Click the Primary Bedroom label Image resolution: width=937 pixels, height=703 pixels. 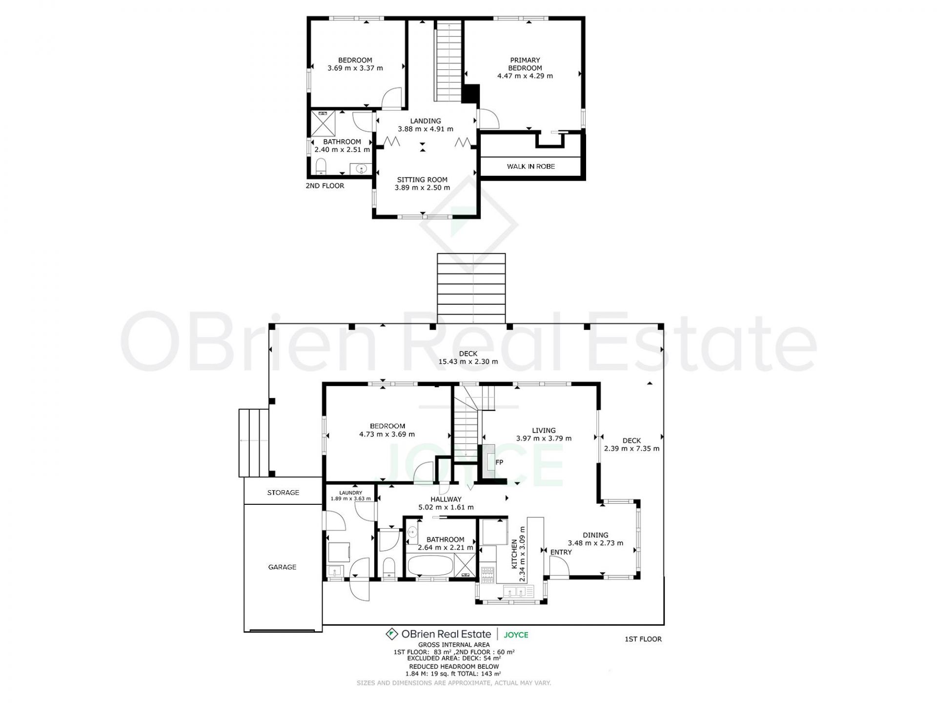(x=525, y=64)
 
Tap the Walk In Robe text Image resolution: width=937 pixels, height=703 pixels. (x=530, y=166)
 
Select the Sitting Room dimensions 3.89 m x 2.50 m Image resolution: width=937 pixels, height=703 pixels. (x=422, y=188)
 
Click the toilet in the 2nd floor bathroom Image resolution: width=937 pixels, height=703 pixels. (x=321, y=166)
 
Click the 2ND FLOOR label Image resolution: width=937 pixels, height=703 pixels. (x=325, y=186)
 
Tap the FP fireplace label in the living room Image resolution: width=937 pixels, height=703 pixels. (x=499, y=462)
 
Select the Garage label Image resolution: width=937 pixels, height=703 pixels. (x=282, y=567)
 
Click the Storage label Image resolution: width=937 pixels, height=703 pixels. (x=283, y=493)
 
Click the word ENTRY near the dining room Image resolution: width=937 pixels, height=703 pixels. (x=561, y=552)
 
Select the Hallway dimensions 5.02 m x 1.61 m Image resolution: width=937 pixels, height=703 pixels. (x=446, y=507)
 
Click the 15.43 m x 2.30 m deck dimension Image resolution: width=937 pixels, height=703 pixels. (x=468, y=362)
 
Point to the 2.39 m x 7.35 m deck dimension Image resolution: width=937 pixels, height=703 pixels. (x=631, y=449)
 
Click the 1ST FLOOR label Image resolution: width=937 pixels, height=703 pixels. (x=643, y=639)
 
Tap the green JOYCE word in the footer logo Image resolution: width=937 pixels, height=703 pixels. (x=516, y=635)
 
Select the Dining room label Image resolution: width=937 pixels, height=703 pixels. (x=595, y=535)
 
